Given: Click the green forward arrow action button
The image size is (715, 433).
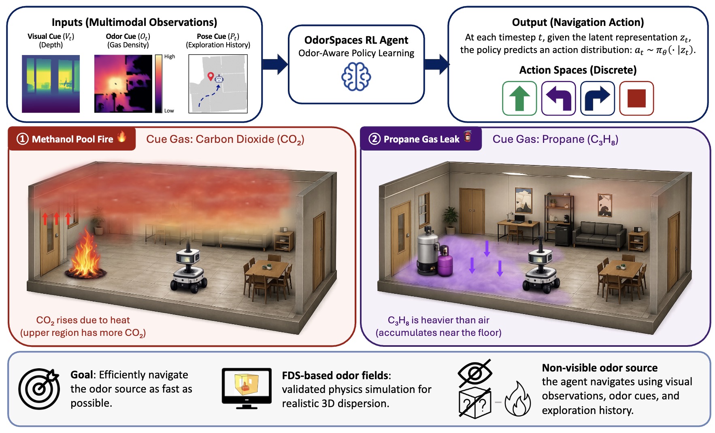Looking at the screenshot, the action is click(519, 98).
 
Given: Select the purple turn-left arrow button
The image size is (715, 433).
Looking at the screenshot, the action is click(558, 98).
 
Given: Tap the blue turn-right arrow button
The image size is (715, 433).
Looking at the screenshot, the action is click(597, 98).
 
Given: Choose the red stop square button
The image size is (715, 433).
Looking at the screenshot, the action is click(636, 98).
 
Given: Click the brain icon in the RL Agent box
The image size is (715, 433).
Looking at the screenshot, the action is click(356, 76).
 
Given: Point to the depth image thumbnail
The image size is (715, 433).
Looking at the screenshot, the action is click(51, 84).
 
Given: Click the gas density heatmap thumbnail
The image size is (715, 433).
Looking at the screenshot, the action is click(123, 84).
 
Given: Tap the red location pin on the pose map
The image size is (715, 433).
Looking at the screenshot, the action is click(210, 76).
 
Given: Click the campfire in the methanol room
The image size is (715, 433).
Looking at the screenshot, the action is click(86, 254).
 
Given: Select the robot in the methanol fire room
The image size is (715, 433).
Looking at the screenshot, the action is click(189, 267).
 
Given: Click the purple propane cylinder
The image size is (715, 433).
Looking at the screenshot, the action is click(445, 261).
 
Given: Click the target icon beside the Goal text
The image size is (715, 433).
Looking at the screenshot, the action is click(39, 388).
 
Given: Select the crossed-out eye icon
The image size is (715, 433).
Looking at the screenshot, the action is click(475, 373).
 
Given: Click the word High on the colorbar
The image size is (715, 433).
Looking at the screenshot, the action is click(170, 57).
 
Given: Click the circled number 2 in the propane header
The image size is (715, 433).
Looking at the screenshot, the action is click(375, 139).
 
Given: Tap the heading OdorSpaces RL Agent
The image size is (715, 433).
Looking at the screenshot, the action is click(356, 40).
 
